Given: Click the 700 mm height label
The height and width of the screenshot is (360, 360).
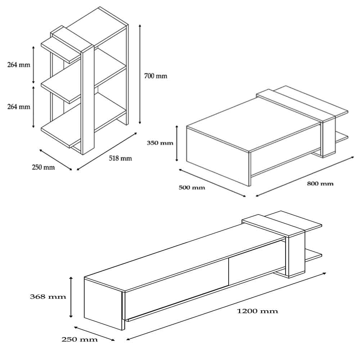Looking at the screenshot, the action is pos(156,76).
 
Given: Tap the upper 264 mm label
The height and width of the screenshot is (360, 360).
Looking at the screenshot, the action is pos(19,65).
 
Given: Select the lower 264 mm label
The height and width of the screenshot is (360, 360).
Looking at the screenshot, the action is pos(19,107).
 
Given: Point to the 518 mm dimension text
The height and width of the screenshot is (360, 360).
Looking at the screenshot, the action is pos(120,158).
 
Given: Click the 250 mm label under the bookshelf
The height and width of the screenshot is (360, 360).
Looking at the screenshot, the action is pos(43,167).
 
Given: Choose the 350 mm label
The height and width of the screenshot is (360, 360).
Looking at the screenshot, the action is pos(160,143).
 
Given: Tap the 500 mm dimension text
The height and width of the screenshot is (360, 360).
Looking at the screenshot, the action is pos(192,188).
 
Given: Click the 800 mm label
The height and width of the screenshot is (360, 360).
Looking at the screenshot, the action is pos(320,184).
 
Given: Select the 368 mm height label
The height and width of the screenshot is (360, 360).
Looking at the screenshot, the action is pos(48,297).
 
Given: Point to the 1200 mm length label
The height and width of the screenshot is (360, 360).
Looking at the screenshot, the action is pos(257,311).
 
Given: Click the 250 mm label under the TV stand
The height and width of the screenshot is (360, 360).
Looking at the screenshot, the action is pos(80,339).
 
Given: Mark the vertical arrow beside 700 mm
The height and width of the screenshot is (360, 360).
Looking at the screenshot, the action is pos(140,74).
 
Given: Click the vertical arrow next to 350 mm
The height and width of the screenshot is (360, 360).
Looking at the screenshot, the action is pos(177,143).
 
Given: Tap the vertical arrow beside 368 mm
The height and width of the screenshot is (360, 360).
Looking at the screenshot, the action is pos(71,297).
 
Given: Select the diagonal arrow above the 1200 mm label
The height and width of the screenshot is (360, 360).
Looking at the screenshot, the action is pos(226,306).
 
